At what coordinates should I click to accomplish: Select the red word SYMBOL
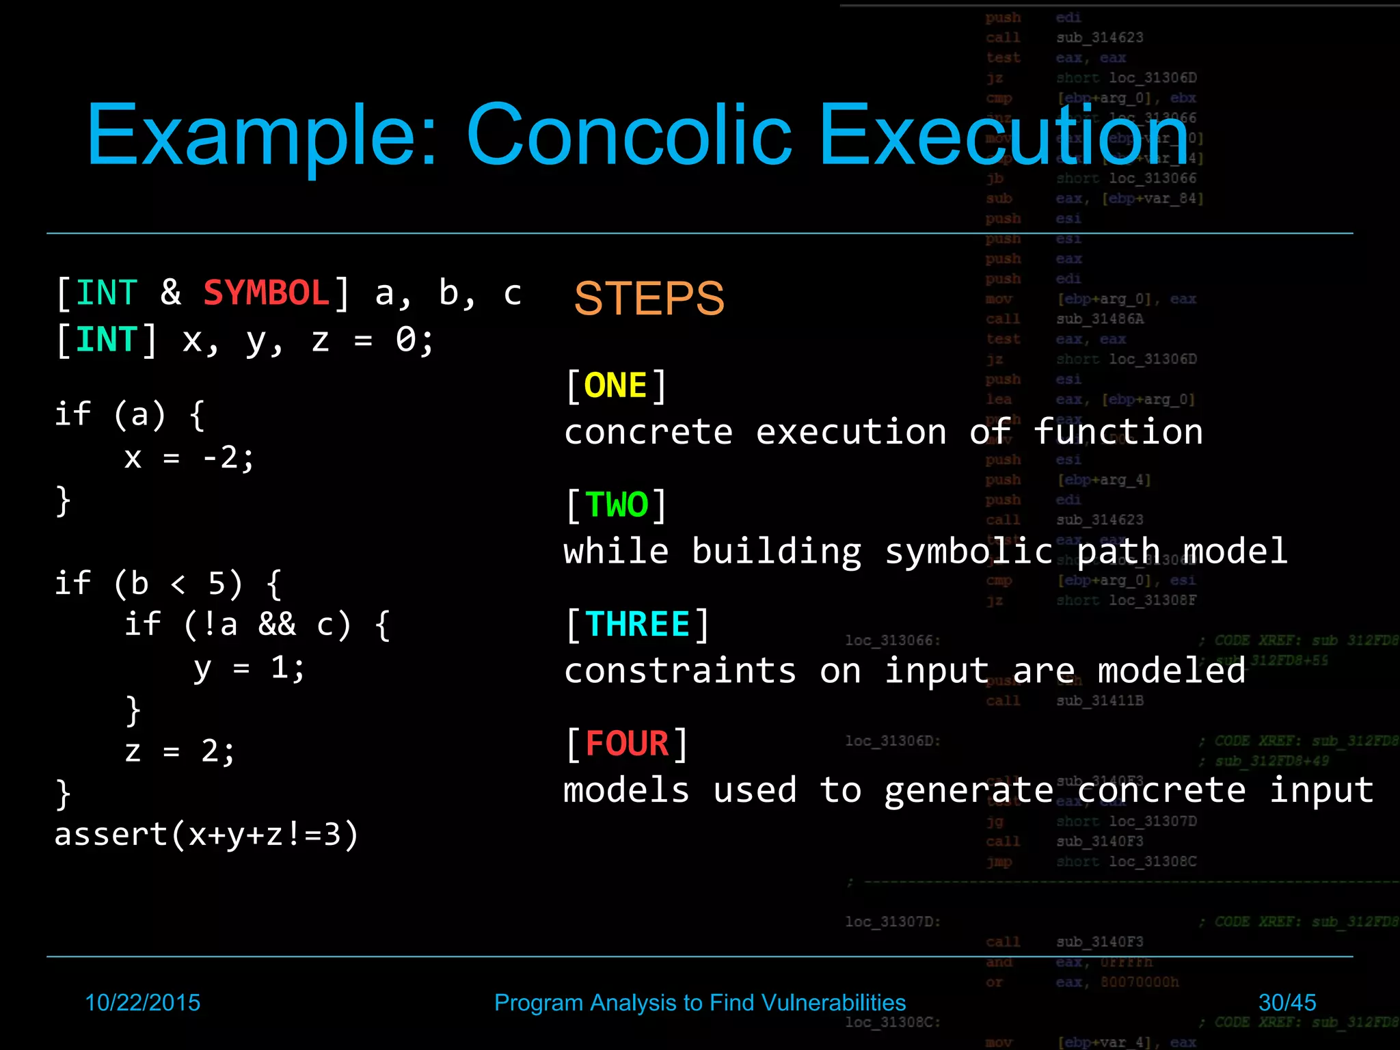267,293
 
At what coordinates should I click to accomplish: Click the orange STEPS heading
649,299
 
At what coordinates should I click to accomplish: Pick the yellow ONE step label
615,386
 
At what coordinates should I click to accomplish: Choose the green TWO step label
617,505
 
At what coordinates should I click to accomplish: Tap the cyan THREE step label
637,624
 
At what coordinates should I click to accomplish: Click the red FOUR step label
627,744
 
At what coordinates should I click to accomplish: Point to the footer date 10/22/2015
142,1002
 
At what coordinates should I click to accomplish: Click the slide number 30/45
1287,1002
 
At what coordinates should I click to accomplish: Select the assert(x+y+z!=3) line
206,835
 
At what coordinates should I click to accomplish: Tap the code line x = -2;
189,458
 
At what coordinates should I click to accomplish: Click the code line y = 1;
249,668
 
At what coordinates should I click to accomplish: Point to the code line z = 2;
180,751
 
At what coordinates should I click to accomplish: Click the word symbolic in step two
969,552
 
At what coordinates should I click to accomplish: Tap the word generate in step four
969,791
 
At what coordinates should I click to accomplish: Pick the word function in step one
1118,432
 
